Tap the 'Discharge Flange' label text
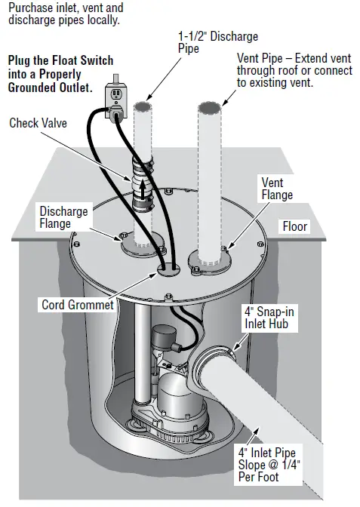point(64,217)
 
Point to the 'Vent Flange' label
point(277,189)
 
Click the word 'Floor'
point(296,226)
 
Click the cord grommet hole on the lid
point(168,266)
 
